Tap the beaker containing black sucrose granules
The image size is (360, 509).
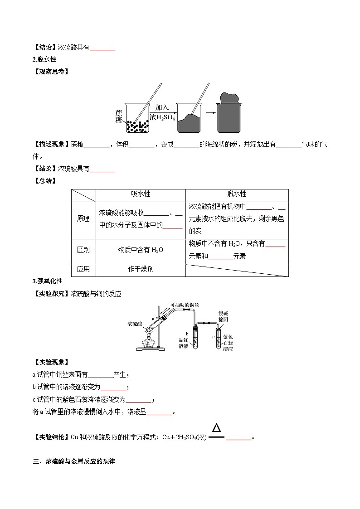(x=137, y=119)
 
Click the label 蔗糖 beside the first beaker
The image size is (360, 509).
(x=118, y=116)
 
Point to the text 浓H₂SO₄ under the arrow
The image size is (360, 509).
(x=162, y=117)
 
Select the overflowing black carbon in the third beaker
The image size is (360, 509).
(x=230, y=98)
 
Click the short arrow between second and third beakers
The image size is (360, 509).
(x=209, y=114)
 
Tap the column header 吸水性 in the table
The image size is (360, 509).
(x=141, y=194)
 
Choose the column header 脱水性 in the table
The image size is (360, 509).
(x=237, y=194)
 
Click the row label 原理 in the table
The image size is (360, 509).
(x=83, y=218)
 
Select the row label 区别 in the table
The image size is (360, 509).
(x=83, y=250)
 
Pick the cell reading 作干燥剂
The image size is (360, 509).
(x=141, y=269)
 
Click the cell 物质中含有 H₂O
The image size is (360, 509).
(x=141, y=250)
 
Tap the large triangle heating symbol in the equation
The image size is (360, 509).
(x=217, y=428)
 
